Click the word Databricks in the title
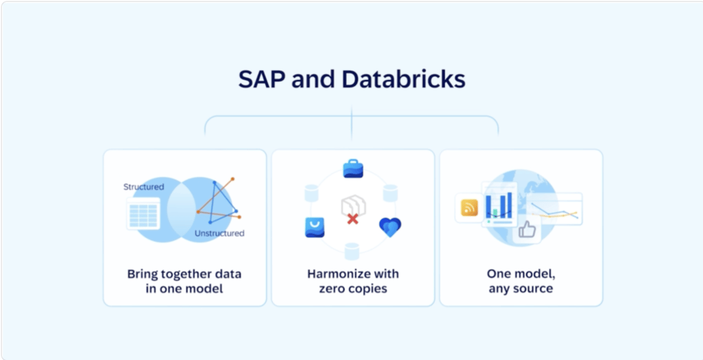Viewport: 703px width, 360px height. click(x=403, y=80)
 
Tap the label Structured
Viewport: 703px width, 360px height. click(x=144, y=186)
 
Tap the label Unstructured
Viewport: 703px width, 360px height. click(x=219, y=233)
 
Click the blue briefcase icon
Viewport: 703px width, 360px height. click(x=353, y=168)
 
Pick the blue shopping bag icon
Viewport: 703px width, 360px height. click(x=314, y=228)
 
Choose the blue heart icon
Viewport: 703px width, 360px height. click(x=390, y=227)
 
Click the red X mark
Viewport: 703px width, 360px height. click(x=353, y=219)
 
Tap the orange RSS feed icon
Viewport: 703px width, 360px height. click(x=470, y=208)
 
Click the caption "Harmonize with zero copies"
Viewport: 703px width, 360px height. click(x=353, y=281)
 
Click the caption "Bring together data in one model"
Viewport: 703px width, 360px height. click(x=184, y=281)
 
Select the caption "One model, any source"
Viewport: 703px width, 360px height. click(x=521, y=281)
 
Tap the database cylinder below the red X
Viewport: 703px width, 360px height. click(x=352, y=251)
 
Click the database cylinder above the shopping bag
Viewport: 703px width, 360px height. click(x=311, y=193)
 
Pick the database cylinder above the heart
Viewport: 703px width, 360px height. click(x=390, y=193)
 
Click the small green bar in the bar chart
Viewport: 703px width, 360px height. click(x=495, y=213)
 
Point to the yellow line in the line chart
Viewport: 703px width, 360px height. click(x=557, y=214)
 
